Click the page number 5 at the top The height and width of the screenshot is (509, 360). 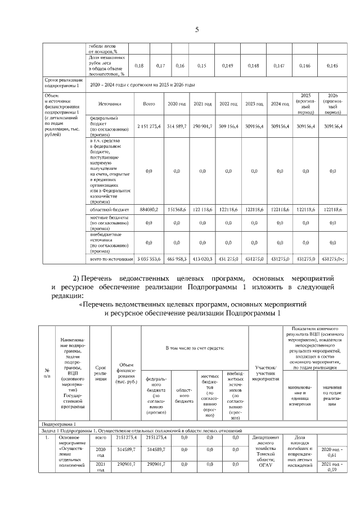[196, 30]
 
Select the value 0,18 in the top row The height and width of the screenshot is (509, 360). [139, 66]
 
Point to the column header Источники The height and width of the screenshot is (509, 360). [109, 104]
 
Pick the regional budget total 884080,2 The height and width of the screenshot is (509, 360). [148, 209]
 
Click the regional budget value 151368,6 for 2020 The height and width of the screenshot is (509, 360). [176, 209]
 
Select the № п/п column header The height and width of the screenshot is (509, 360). [47, 373]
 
